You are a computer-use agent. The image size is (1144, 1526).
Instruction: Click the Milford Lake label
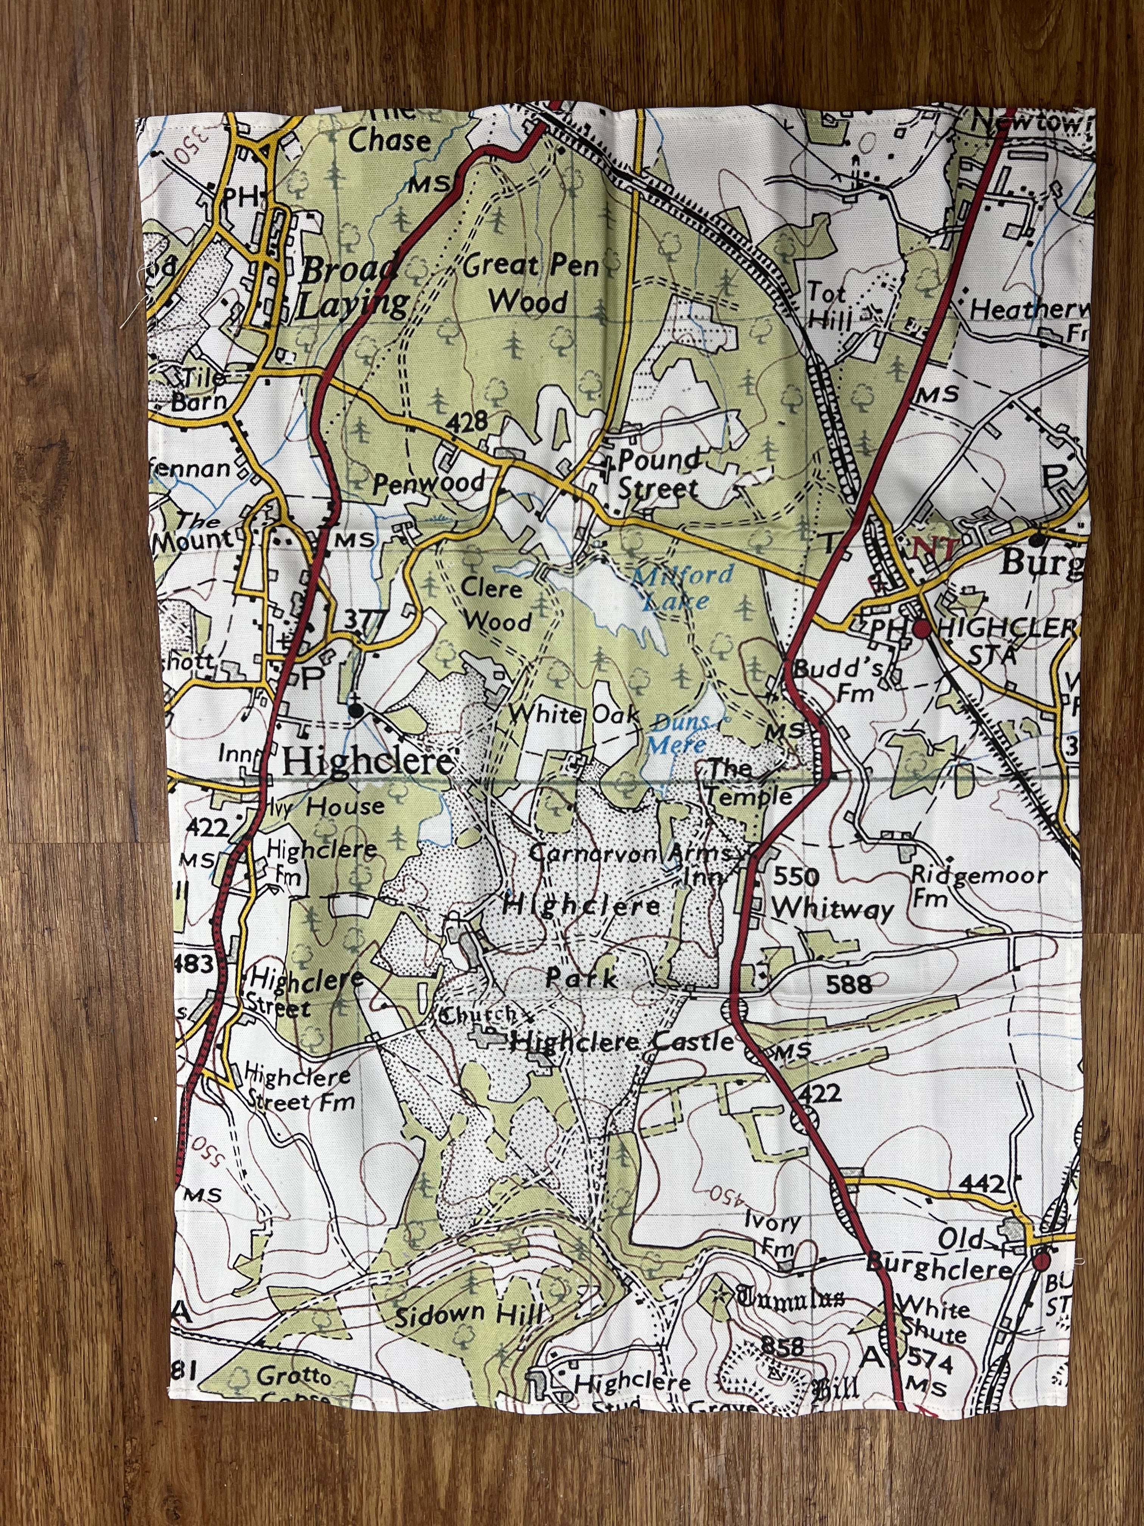click(x=676, y=586)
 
